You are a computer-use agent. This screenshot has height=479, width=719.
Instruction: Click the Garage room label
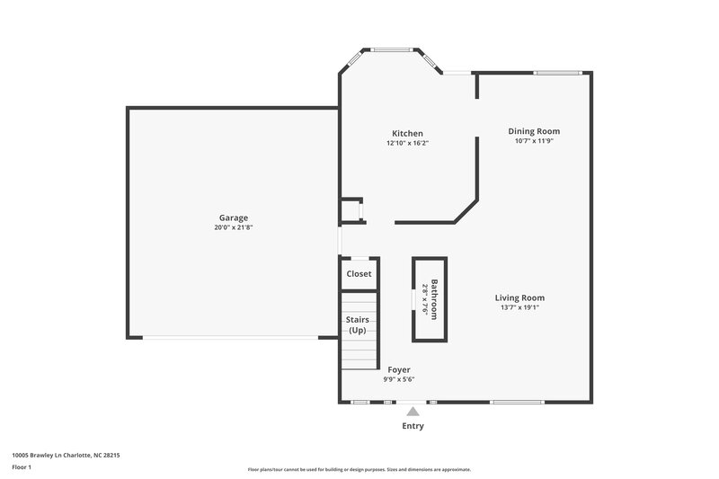click(x=233, y=217)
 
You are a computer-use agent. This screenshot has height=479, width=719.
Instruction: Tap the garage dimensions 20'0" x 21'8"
click(x=233, y=228)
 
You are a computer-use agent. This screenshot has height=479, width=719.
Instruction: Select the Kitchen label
click(x=407, y=133)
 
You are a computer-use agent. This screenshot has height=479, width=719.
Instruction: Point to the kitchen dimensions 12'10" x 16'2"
click(x=407, y=143)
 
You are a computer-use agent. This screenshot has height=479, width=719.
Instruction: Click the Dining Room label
click(x=534, y=131)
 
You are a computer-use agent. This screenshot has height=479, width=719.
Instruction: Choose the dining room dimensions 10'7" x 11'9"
click(x=534, y=141)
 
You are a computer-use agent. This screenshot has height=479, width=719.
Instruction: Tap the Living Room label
click(x=519, y=297)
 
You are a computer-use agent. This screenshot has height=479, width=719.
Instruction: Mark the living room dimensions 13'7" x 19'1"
click(x=519, y=307)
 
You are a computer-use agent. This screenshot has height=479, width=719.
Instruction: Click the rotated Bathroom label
click(x=434, y=298)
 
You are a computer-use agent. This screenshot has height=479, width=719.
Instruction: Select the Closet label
click(x=359, y=273)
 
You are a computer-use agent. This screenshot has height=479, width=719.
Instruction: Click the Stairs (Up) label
click(x=358, y=325)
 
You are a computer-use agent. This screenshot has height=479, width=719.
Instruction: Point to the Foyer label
click(x=399, y=369)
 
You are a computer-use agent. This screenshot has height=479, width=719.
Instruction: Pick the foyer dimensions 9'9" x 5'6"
click(x=399, y=379)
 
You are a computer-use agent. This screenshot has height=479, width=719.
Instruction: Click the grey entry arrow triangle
click(x=413, y=411)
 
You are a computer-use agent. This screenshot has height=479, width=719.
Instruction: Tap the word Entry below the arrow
click(x=413, y=426)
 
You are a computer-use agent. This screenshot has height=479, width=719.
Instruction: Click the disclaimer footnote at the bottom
click(x=359, y=469)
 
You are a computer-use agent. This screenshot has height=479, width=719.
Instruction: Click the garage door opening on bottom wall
click(x=231, y=338)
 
